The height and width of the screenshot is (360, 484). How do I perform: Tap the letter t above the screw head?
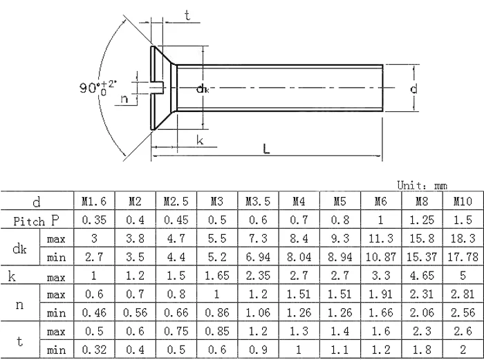pyautogui.click(x=187, y=17)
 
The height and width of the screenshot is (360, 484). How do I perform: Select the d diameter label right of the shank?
pyautogui.click(x=413, y=89)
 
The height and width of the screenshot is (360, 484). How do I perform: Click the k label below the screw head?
pyautogui.click(x=200, y=140)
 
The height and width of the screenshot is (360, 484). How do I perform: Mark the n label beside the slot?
pyautogui.click(x=124, y=99)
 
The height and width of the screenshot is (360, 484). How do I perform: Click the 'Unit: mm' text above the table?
pyautogui.click(x=422, y=186)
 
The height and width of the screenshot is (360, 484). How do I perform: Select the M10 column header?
pyautogui.click(x=463, y=202)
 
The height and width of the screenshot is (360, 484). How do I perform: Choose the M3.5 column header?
pyautogui.click(x=257, y=202)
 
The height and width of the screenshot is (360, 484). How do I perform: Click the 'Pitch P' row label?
pyautogui.click(x=38, y=220)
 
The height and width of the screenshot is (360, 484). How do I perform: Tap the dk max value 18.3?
pyautogui.click(x=463, y=238)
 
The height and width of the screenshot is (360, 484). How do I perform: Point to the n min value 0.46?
pyautogui.click(x=94, y=313)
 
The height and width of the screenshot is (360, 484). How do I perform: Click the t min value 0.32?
pyautogui.click(x=94, y=350)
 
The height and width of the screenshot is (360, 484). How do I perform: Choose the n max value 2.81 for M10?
pyautogui.click(x=463, y=294)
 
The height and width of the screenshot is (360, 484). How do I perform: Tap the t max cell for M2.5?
pyautogui.click(x=176, y=332)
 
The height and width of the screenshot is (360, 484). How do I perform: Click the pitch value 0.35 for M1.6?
pyautogui.click(x=94, y=220)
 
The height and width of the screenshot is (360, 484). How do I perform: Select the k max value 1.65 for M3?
pyautogui.click(x=216, y=276)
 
